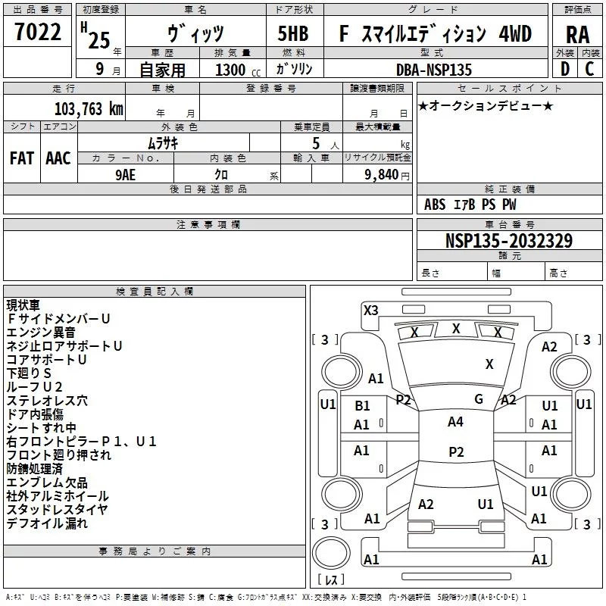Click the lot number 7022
click(x=38, y=32)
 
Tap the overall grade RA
click(x=578, y=35)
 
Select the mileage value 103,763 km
click(x=89, y=109)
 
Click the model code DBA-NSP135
click(x=434, y=70)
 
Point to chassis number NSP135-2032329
click(x=509, y=240)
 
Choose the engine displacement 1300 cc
click(x=238, y=70)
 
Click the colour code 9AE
click(x=126, y=175)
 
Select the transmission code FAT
click(x=22, y=158)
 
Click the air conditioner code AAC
click(x=58, y=158)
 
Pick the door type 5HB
click(x=293, y=33)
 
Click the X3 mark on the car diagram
click(x=371, y=311)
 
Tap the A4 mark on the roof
click(x=456, y=422)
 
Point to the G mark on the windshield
click(x=479, y=399)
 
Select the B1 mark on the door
click(x=363, y=406)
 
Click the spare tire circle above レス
click(x=331, y=552)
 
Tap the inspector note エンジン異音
click(x=41, y=333)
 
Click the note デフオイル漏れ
click(x=47, y=523)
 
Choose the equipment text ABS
click(x=435, y=205)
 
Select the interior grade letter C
click(x=589, y=69)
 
